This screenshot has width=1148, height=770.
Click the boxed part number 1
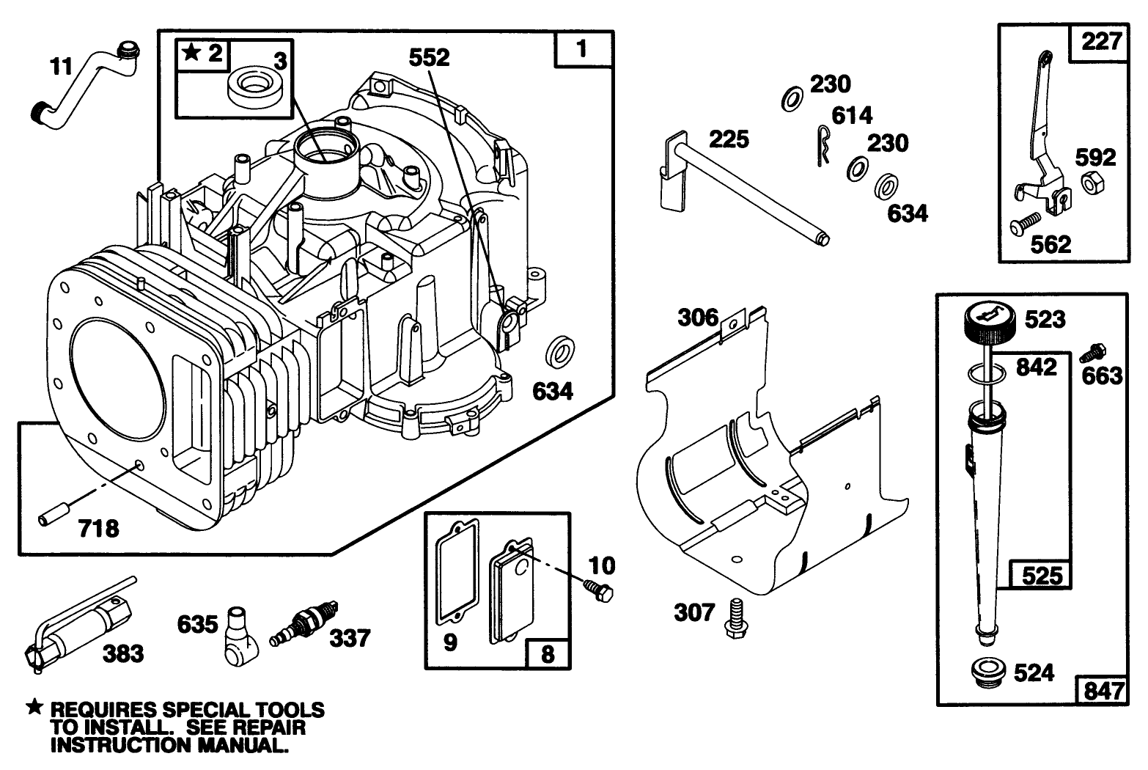pyautogui.click(x=583, y=50)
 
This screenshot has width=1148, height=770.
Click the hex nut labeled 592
pyautogui.click(x=1090, y=184)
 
